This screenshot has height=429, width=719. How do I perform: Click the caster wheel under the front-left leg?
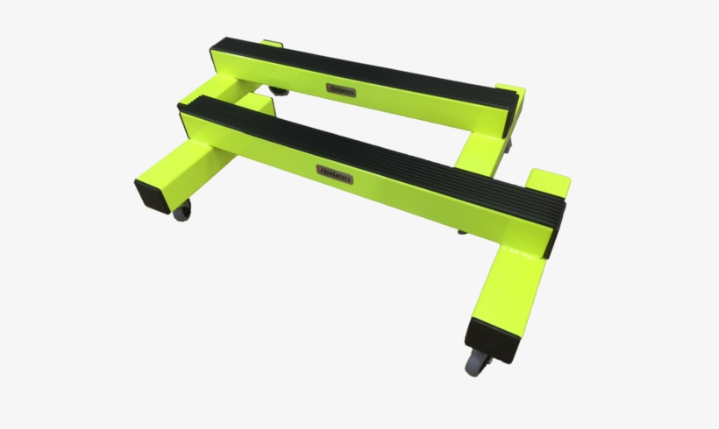pyautogui.click(x=182, y=211)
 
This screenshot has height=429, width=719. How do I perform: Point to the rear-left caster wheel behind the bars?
pyautogui.click(x=278, y=90)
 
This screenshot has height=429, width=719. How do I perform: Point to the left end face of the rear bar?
pyautogui.click(x=216, y=54)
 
